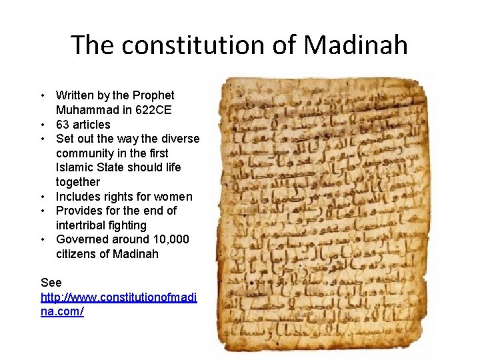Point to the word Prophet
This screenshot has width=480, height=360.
(153, 95)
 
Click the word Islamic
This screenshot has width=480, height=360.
(76, 167)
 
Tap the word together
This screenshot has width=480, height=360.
(78, 182)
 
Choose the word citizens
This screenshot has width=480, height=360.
(77, 254)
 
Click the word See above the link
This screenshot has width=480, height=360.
(51, 283)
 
